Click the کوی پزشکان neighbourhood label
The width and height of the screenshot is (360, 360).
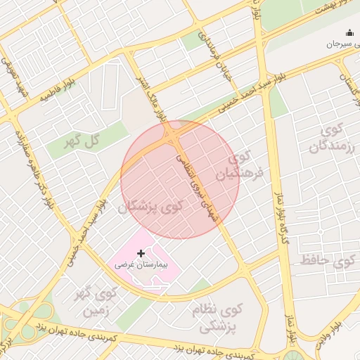(151, 207)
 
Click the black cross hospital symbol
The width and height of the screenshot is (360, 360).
(141, 252)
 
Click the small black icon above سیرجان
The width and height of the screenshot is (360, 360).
(349, 32)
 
